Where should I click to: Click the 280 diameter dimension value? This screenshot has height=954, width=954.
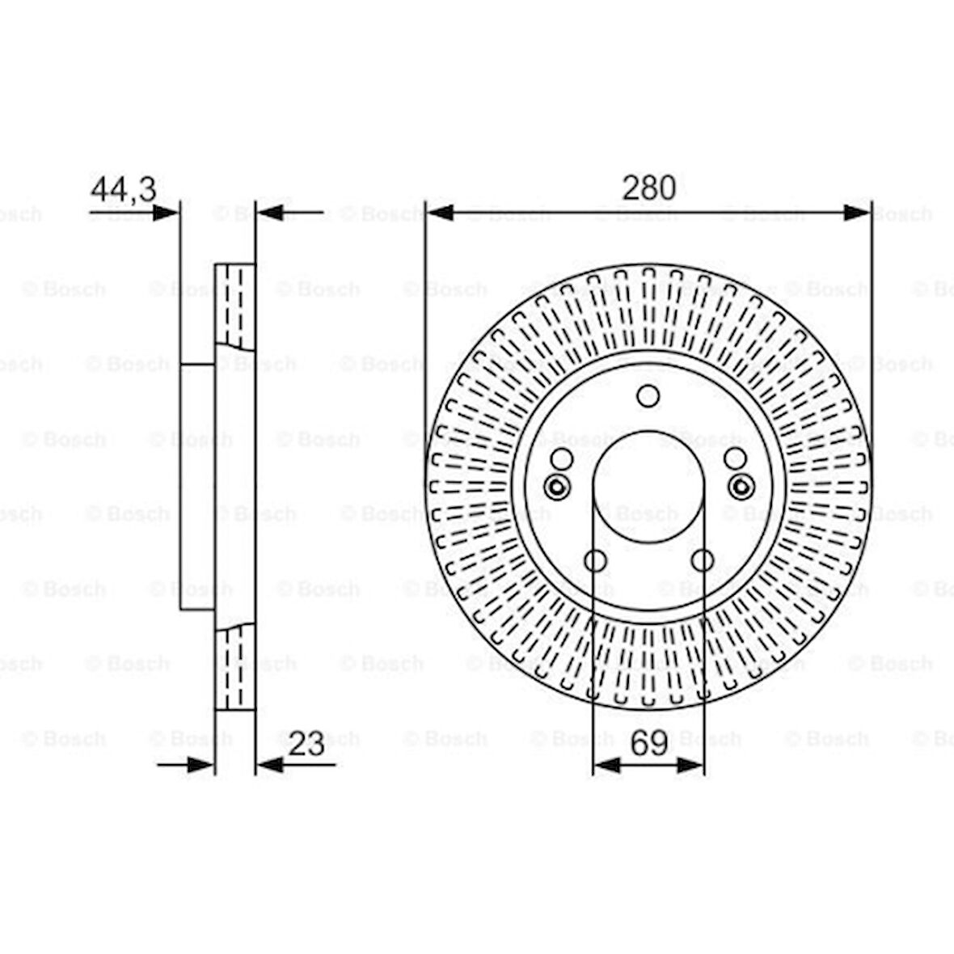tap(648, 188)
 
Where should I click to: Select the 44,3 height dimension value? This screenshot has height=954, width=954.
tap(124, 189)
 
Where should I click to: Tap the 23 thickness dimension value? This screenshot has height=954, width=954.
tap(306, 743)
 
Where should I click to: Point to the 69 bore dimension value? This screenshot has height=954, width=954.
tap(648, 743)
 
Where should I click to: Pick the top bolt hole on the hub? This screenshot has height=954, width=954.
tap(648, 396)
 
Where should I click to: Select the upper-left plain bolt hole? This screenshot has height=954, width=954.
tap(562, 458)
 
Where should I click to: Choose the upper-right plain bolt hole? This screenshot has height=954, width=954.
tap(735, 458)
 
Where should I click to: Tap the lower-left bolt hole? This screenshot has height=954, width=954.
tap(595, 560)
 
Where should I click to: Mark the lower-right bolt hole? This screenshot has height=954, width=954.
tap(702, 560)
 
